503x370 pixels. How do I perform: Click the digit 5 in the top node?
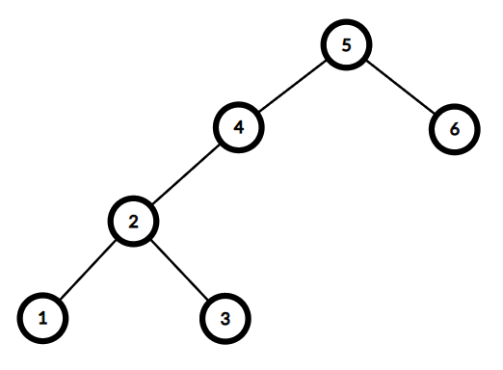coord(346,45)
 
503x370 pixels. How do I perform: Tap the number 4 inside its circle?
coord(239,127)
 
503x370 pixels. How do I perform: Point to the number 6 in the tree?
coord(455,129)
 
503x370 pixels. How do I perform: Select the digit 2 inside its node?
coord(133,222)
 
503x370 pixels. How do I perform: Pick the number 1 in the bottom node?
coord(42,318)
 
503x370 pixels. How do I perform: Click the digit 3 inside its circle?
coord(225,319)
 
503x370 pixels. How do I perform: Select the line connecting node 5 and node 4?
coord(293,86)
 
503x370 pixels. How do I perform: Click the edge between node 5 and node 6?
coord(401,87)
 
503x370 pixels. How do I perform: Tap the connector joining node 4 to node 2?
coord(186,175)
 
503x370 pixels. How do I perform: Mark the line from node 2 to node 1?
coord(88,270)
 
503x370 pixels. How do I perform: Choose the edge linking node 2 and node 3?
coord(180,270)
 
